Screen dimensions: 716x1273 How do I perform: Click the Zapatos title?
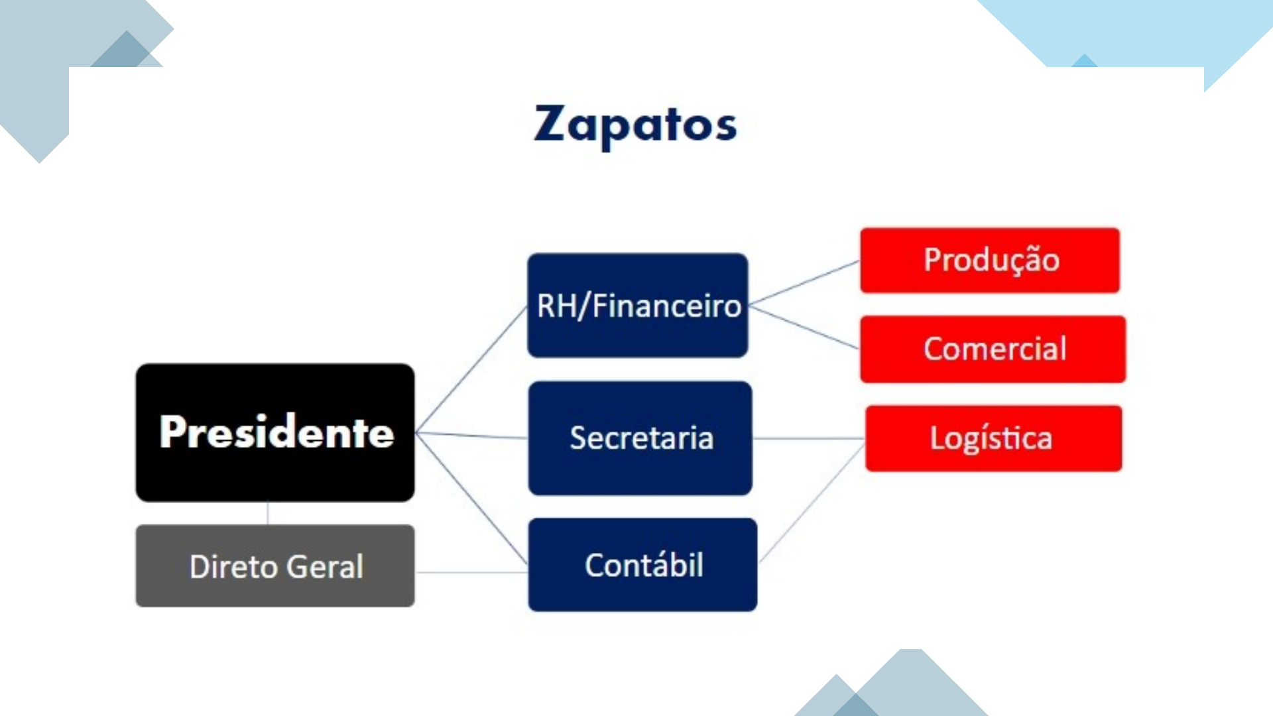(x=635, y=125)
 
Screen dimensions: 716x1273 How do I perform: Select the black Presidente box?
(x=275, y=432)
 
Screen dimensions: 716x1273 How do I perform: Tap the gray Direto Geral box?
(x=275, y=566)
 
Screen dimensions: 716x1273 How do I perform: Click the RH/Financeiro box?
(x=638, y=306)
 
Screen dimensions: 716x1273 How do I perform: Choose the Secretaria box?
(x=640, y=438)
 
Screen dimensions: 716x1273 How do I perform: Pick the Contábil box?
(x=642, y=565)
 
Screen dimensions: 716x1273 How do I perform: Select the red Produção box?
(x=990, y=260)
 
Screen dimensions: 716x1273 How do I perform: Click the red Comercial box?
(x=993, y=349)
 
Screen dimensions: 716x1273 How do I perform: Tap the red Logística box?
(x=993, y=438)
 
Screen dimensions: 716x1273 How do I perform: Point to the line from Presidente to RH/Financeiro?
(x=471, y=369)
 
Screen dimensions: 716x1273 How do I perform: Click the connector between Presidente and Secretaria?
(x=471, y=435)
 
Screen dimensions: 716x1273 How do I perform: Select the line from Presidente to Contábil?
(x=471, y=497)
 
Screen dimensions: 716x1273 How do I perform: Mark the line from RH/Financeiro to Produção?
(x=804, y=282)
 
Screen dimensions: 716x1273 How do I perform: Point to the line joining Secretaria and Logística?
(x=809, y=438)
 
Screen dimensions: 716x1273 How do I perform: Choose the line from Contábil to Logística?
(x=812, y=504)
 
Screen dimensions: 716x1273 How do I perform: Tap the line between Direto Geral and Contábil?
(x=471, y=572)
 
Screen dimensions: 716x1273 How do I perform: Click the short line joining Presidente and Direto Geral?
(x=268, y=513)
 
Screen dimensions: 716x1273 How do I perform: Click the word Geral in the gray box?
(x=325, y=567)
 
